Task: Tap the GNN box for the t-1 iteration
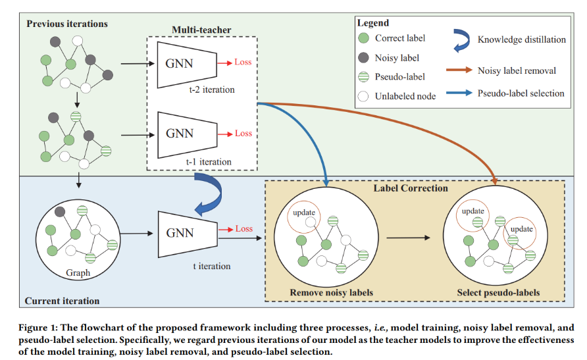[180, 134]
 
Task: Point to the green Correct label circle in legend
[363, 38]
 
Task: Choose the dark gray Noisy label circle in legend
[363, 57]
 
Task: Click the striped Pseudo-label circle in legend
[363, 76]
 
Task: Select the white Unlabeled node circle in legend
[363, 95]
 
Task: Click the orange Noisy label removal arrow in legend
[461, 69]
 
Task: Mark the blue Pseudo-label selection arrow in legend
[461, 93]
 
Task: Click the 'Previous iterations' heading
[67, 24]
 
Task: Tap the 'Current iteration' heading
[62, 301]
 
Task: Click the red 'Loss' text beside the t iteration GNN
[243, 229]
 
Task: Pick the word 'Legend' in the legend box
[372, 23]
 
